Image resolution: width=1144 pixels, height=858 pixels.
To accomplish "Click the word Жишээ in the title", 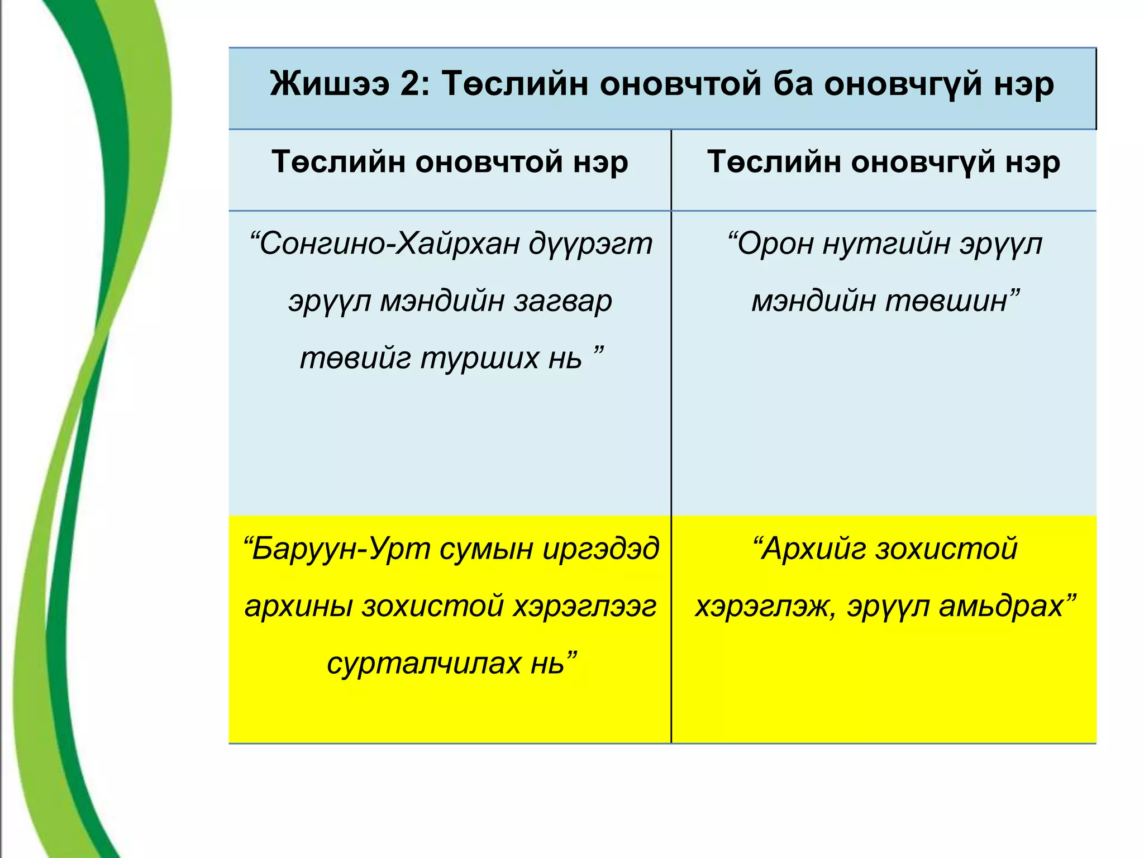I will coord(330,85).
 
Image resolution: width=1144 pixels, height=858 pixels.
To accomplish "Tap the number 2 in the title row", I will coord(414,85).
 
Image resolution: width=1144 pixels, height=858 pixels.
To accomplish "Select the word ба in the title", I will coord(793,85).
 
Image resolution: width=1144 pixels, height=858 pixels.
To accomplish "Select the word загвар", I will coord(563,301).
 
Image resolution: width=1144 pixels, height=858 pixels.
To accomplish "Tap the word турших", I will coord(479,358).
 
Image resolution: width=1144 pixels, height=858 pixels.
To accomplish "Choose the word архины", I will coord(299,607).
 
